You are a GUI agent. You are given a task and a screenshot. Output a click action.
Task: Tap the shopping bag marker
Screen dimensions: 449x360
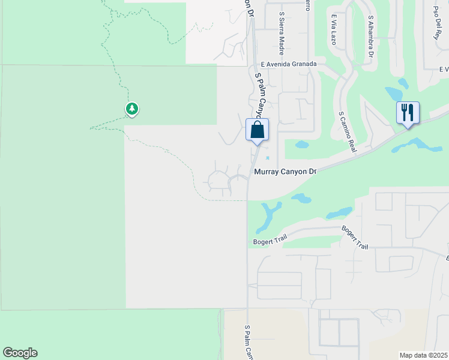[x=257, y=130]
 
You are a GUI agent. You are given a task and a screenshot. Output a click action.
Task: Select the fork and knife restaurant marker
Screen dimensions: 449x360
[x=408, y=113]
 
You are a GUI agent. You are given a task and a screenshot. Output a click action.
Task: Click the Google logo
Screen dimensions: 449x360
[x=20, y=353]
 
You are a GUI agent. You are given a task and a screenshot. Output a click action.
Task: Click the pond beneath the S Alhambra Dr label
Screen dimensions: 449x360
[x=394, y=93]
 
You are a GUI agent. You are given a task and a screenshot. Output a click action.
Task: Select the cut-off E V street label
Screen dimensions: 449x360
[x=444, y=70]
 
